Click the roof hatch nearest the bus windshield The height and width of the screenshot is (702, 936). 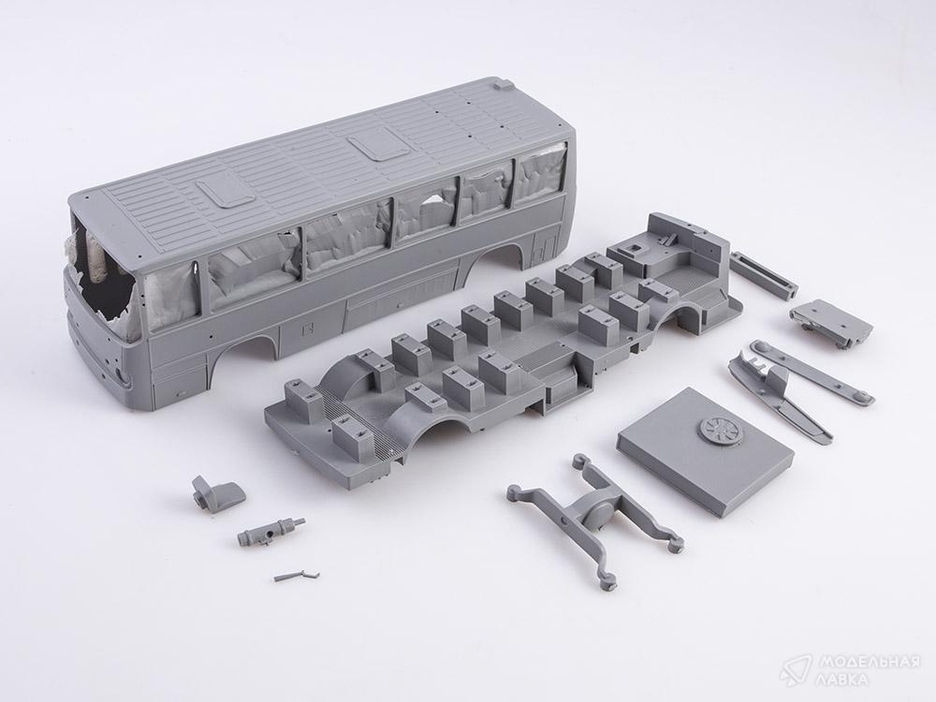coord(224,191)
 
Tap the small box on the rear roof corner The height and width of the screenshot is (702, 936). coord(504,84)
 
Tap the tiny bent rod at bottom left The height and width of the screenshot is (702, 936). coord(296,576)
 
